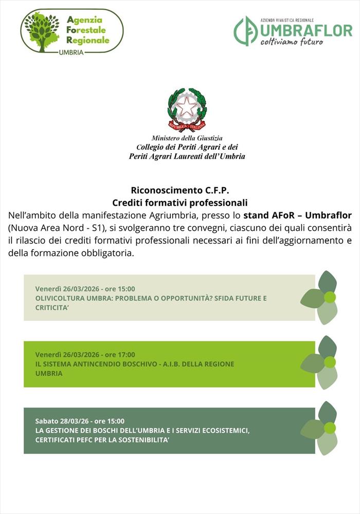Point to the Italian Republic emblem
(187, 109)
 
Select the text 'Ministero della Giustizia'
(187, 138)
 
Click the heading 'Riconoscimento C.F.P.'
(180, 191)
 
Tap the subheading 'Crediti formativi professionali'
(180, 203)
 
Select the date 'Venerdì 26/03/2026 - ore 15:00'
(85, 289)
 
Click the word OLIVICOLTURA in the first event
(59, 298)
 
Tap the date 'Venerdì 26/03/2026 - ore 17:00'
(85, 355)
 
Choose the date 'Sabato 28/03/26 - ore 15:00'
(80, 420)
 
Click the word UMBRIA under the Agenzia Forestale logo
(71, 52)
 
